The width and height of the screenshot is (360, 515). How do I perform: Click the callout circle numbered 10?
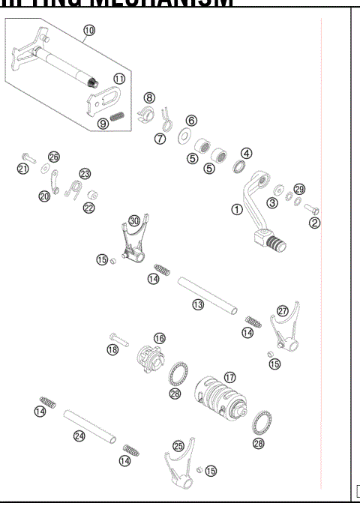coord(89,30)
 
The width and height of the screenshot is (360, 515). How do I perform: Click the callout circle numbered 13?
coord(198,305)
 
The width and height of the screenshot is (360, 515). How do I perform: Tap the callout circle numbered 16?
coord(159,338)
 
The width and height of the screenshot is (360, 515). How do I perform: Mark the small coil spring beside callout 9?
coord(115,116)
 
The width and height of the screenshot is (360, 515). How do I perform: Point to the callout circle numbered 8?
coord(150,97)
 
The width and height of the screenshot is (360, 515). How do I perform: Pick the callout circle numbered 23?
coord(85,173)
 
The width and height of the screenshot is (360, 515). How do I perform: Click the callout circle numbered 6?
coord(191,120)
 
